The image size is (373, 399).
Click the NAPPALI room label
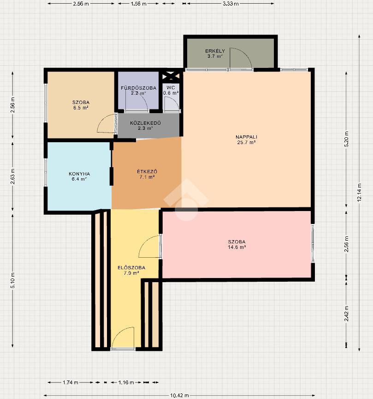click(246, 137)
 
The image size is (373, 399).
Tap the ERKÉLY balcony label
click(215, 51)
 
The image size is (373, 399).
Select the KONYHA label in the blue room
click(79, 174)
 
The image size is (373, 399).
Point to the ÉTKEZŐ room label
click(147, 171)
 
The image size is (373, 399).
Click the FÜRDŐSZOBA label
click(138, 88)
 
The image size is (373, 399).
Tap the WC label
click(171, 88)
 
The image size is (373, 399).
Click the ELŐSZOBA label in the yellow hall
click(131, 268)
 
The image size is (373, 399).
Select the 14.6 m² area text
click(237, 247)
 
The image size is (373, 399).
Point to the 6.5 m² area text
click(81, 108)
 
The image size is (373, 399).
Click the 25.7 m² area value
click(246, 143)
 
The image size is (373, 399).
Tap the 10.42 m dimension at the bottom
click(179, 395)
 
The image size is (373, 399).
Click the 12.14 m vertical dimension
click(359, 193)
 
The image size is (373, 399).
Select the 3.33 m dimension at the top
click(231, 4)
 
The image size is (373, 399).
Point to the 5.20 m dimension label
click(346, 139)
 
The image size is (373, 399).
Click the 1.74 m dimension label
click(71, 382)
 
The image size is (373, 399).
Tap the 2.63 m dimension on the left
click(13, 176)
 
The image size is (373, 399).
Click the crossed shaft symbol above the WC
click(171, 76)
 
